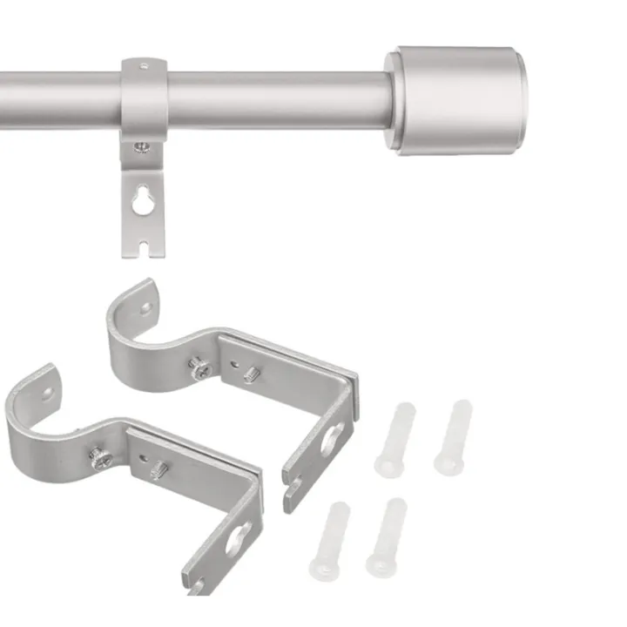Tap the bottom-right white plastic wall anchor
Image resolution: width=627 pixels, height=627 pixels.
(x=386, y=536)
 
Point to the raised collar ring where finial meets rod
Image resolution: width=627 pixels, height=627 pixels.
(x=394, y=100)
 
